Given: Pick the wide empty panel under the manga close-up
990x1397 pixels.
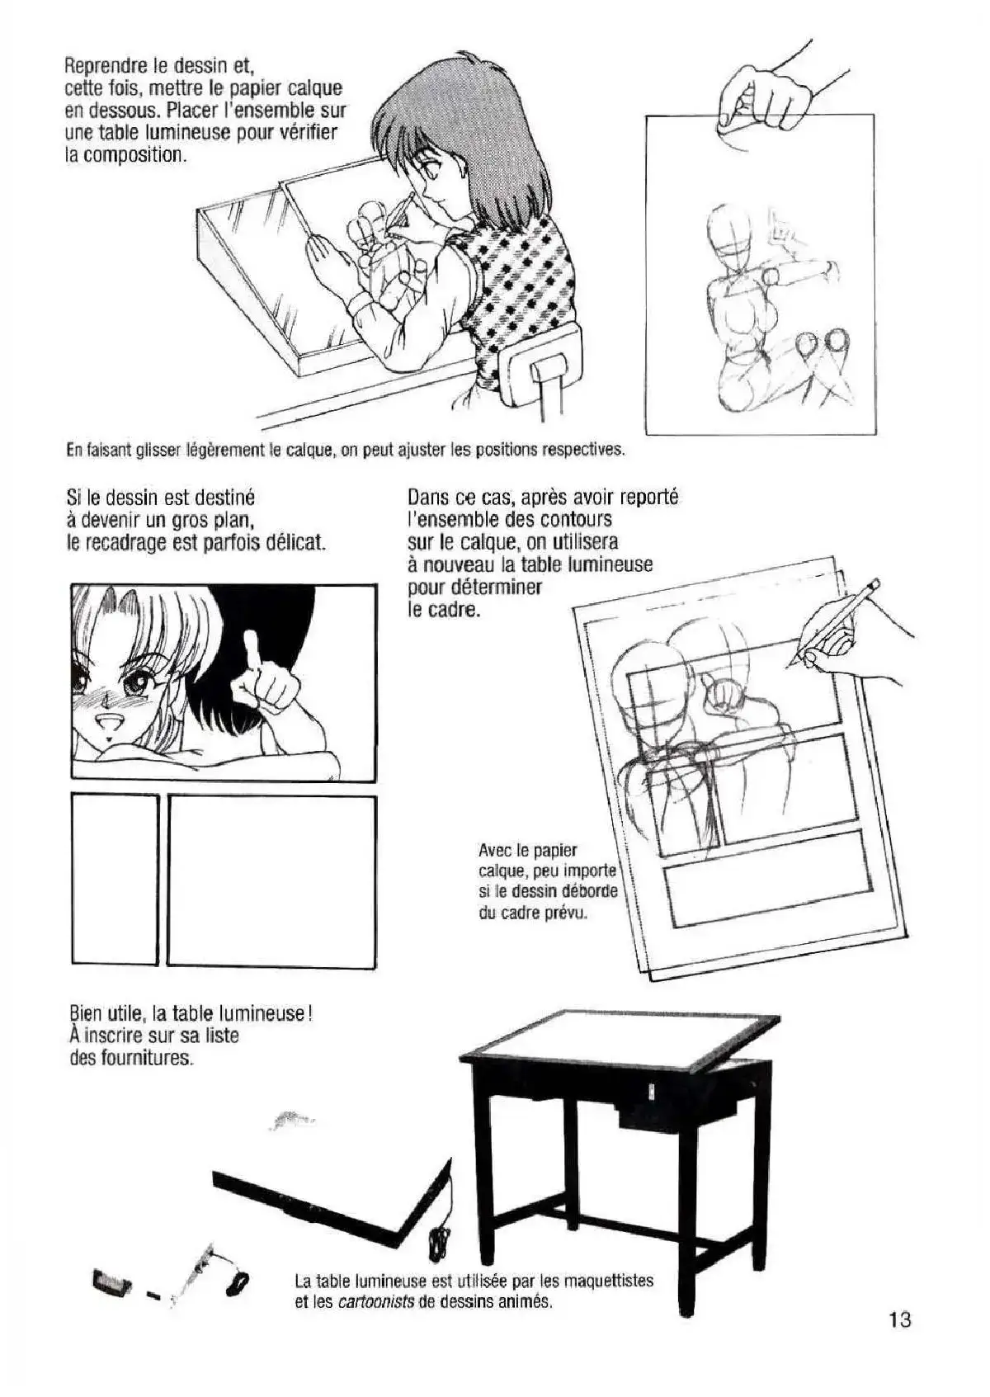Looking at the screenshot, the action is coord(272,882).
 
